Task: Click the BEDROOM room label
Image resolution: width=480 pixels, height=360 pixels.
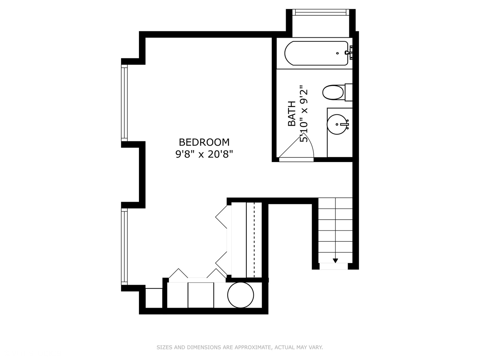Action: click(x=204, y=142)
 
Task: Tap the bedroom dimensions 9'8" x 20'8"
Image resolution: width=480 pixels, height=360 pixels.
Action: click(x=204, y=154)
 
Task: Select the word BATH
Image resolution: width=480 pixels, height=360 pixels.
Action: click(x=292, y=114)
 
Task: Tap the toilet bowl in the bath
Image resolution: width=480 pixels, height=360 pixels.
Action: click(x=333, y=92)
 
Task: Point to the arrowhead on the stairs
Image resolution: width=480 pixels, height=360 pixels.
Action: click(x=335, y=261)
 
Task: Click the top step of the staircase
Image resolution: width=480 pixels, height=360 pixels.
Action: click(x=335, y=203)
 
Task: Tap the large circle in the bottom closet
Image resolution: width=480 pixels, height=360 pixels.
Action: click(x=241, y=295)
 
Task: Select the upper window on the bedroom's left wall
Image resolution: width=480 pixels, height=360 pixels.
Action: click(x=124, y=103)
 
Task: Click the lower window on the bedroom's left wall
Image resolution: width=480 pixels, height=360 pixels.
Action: click(x=124, y=247)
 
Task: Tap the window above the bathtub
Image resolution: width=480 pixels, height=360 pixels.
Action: click(x=321, y=12)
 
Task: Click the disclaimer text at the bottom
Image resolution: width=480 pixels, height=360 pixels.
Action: click(x=240, y=347)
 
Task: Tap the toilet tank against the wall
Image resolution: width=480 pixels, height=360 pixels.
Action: click(x=348, y=92)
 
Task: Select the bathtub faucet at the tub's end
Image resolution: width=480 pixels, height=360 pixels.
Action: click(x=349, y=53)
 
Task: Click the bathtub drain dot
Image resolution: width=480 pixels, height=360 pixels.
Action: click(x=337, y=53)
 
